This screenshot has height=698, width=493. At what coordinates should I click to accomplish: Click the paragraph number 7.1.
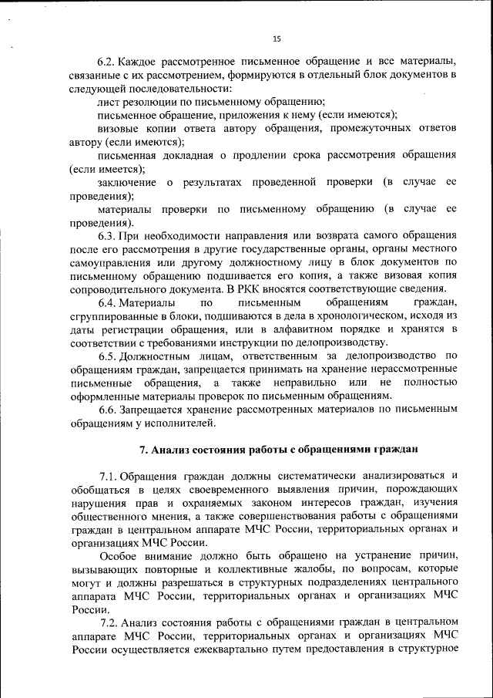coord(110,476)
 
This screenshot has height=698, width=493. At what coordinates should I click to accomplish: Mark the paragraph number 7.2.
coord(110,621)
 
